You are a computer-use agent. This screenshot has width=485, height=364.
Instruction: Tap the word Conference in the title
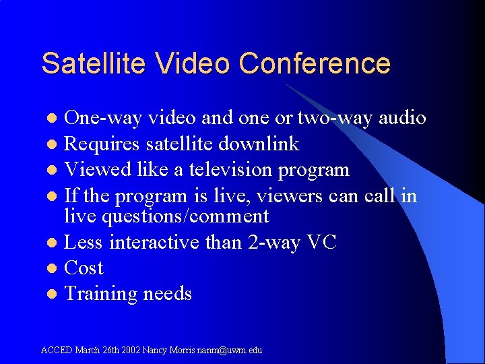tap(315, 63)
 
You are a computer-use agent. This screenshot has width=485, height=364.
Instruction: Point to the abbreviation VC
tap(321, 242)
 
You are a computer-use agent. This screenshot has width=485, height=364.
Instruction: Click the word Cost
tap(84, 268)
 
